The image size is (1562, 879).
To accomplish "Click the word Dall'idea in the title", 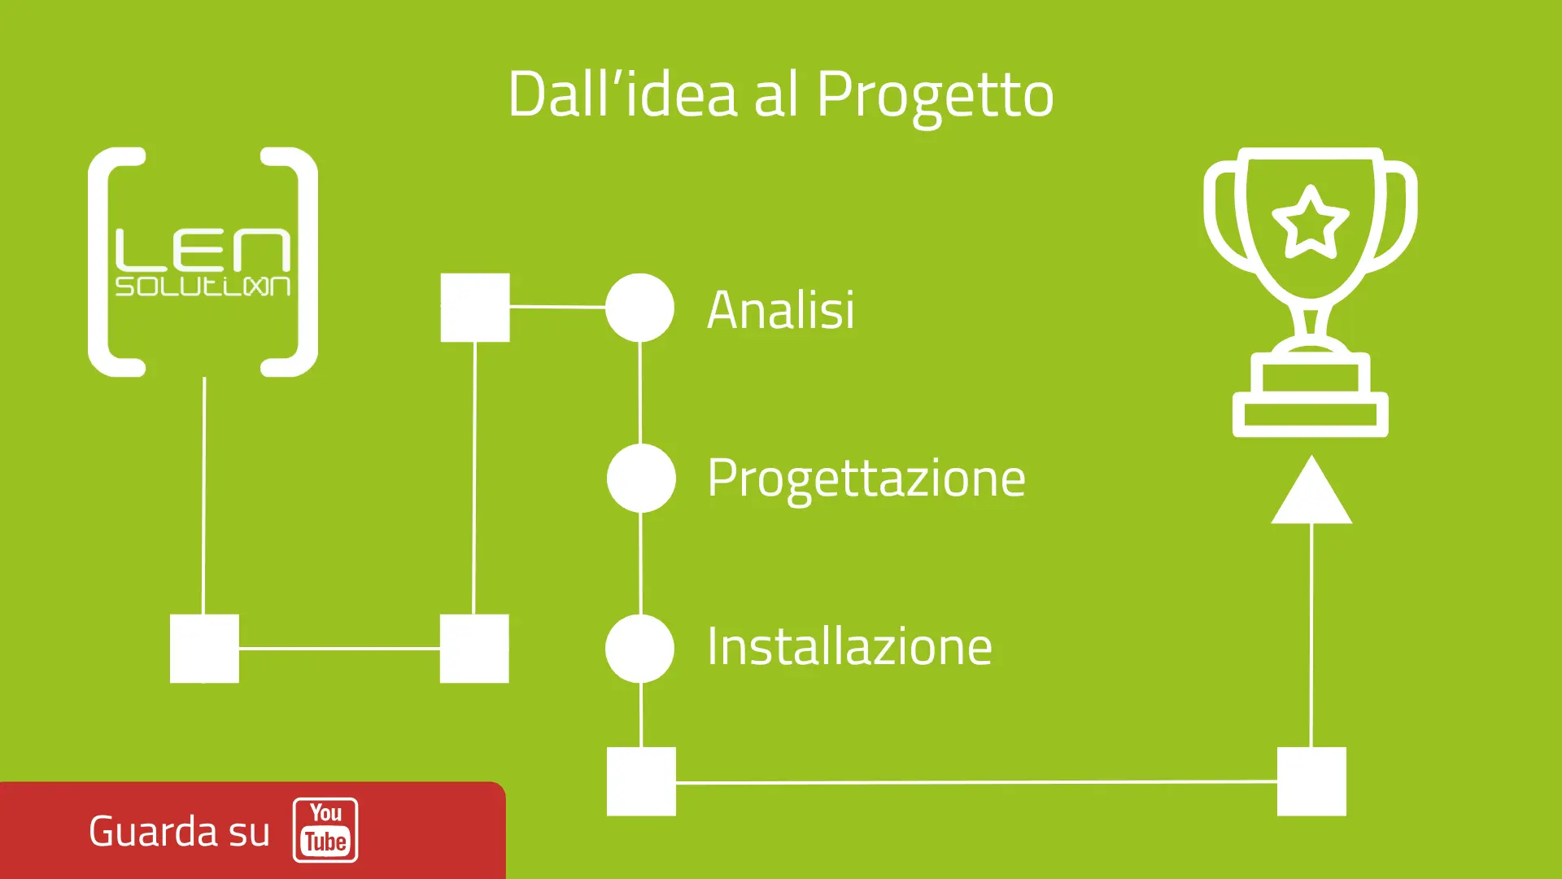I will [x=622, y=94].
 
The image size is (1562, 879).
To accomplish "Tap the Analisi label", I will [x=780, y=310].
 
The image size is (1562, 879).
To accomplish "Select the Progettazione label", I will [x=866, y=479].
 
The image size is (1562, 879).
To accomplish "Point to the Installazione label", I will [x=849, y=647].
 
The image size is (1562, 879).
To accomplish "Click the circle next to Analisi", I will [x=639, y=308].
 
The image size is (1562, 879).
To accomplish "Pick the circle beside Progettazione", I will [x=641, y=478].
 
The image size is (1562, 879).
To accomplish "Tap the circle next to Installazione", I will [x=639, y=649].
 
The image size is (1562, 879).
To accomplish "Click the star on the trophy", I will [x=1310, y=221].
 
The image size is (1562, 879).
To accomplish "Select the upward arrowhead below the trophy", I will [x=1311, y=493].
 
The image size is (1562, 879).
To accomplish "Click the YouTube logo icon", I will [x=325, y=830].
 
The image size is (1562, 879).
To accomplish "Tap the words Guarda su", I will [x=179, y=832].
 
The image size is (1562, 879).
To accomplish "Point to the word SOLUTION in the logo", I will [x=203, y=286].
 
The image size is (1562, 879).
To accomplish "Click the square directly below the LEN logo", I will [x=204, y=649].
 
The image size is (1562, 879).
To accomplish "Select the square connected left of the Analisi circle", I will [x=475, y=308].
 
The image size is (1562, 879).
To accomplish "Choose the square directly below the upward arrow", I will [x=1311, y=781].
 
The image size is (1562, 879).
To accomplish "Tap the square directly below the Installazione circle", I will [x=641, y=781].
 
